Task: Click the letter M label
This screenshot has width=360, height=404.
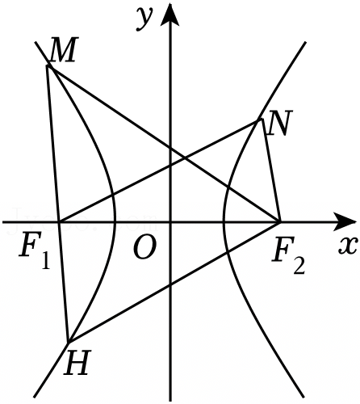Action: click(x=63, y=50)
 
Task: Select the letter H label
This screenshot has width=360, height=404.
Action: click(x=77, y=363)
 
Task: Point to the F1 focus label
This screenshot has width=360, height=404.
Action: click(x=35, y=254)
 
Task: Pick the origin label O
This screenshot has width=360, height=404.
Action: click(x=144, y=248)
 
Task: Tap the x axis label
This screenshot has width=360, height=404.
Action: click(x=348, y=246)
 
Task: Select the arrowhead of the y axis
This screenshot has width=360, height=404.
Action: click(x=170, y=15)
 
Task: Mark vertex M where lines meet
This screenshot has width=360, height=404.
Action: click(x=48, y=65)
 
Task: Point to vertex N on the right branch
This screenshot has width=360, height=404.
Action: click(x=261, y=120)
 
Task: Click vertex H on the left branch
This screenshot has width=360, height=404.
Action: click(x=69, y=343)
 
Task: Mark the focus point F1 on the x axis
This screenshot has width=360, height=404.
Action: click(x=59, y=222)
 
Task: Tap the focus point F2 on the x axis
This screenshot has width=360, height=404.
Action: click(x=280, y=222)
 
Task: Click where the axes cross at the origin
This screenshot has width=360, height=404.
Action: click(x=170, y=222)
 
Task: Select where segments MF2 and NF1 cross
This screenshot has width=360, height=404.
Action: click(x=185, y=158)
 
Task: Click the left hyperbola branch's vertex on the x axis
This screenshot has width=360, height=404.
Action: click(x=115, y=222)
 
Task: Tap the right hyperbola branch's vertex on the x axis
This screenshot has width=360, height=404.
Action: click(x=224, y=222)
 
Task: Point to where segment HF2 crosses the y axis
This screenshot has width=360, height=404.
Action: click(x=170, y=284)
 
